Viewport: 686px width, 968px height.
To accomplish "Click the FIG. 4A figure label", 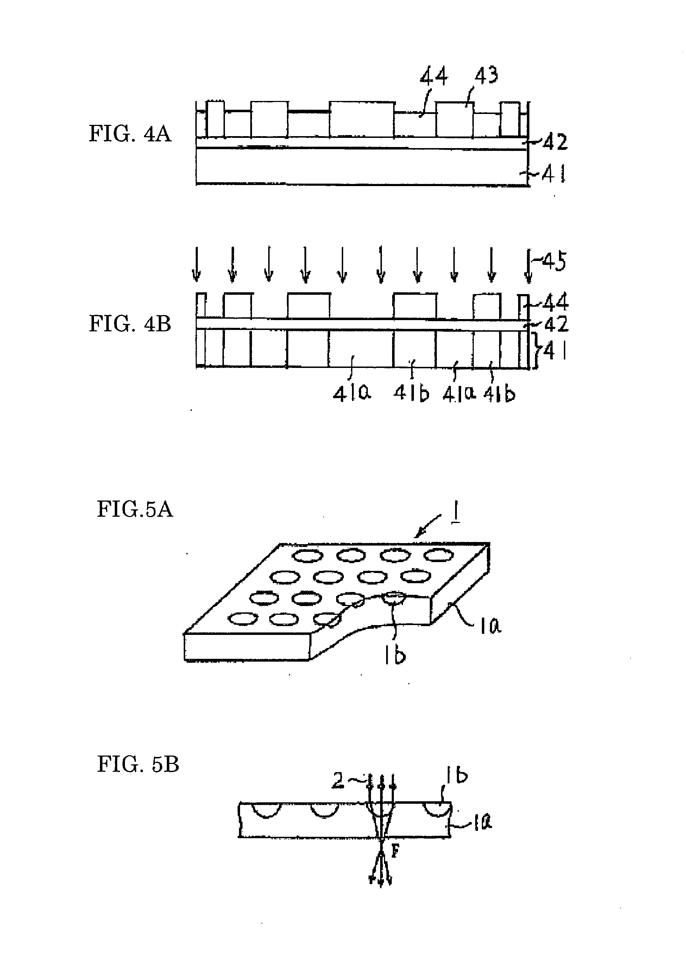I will point(130,134).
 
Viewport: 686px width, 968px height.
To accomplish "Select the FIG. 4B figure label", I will point(130,324).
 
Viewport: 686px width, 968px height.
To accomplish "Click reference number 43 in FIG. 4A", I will point(486,76).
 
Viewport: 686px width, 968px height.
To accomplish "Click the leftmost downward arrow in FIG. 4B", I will point(196,264).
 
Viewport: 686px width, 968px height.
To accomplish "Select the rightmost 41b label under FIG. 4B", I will point(499,394).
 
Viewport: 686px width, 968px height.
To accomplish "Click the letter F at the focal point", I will point(395,852).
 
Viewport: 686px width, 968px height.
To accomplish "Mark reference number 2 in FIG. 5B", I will point(338,781).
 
